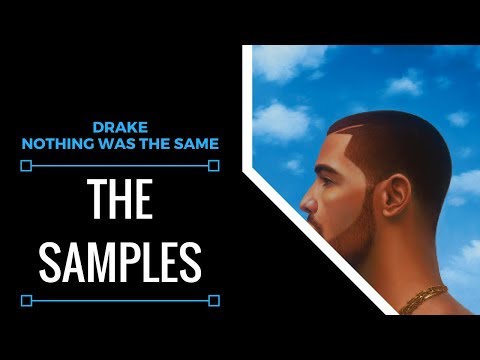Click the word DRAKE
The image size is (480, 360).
click(119, 128)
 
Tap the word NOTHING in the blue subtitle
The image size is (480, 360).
click(54, 144)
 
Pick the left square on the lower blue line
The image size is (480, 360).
click(27, 299)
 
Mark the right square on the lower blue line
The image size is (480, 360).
click(214, 299)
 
